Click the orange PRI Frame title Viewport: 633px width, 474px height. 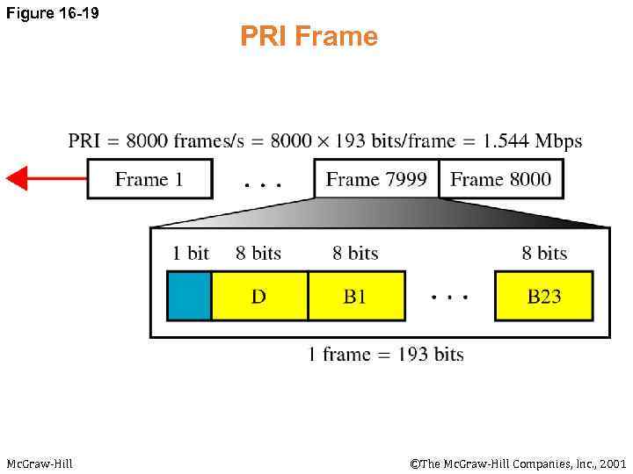click(309, 37)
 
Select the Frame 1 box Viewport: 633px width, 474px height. click(149, 179)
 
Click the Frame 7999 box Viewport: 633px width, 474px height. click(376, 179)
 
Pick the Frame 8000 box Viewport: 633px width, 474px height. click(500, 179)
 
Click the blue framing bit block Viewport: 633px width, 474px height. click(189, 296)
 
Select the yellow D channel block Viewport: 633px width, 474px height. click(259, 296)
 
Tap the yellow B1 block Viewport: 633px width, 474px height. click(355, 296)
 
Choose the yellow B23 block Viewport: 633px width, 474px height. click(543, 296)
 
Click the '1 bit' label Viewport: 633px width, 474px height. click(191, 253)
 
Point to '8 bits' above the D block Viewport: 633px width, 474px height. click(258, 253)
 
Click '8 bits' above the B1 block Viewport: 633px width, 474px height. click(355, 253)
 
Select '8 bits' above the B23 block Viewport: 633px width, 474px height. click(544, 253)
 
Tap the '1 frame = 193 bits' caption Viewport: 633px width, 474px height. click(385, 355)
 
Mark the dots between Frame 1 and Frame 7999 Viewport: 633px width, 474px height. click(263, 185)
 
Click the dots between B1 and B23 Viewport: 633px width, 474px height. click(449, 297)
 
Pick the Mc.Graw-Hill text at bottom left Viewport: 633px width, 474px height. click(40, 463)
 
